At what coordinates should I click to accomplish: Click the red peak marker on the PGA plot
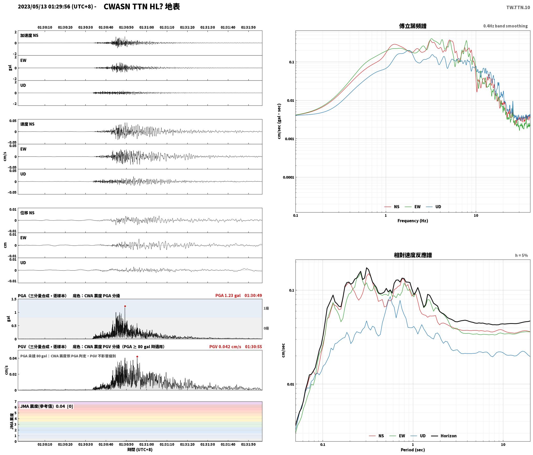click(125, 306)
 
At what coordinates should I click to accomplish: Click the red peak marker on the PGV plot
click(137, 357)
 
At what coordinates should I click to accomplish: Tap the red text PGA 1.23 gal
click(228, 295)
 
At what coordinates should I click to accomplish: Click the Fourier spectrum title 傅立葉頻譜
click(413, 26)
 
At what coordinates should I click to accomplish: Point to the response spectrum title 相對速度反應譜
click(413, 255)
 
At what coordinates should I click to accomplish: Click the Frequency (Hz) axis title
click(413, 221)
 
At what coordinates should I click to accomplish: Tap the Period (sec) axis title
click(413, 450)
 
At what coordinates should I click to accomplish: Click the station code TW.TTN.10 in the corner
click(518, 7)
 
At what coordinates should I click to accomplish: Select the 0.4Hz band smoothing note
click(505, 26)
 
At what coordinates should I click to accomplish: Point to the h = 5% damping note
click(521, 255)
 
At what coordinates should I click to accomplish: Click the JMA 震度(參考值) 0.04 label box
click(47, 406)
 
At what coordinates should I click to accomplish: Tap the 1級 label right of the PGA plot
click(266, 308)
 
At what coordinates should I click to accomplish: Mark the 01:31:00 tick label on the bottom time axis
click(146, 444)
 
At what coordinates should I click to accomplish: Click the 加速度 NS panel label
click(29, 35)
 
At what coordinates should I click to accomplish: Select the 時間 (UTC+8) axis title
click(140, 450)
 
